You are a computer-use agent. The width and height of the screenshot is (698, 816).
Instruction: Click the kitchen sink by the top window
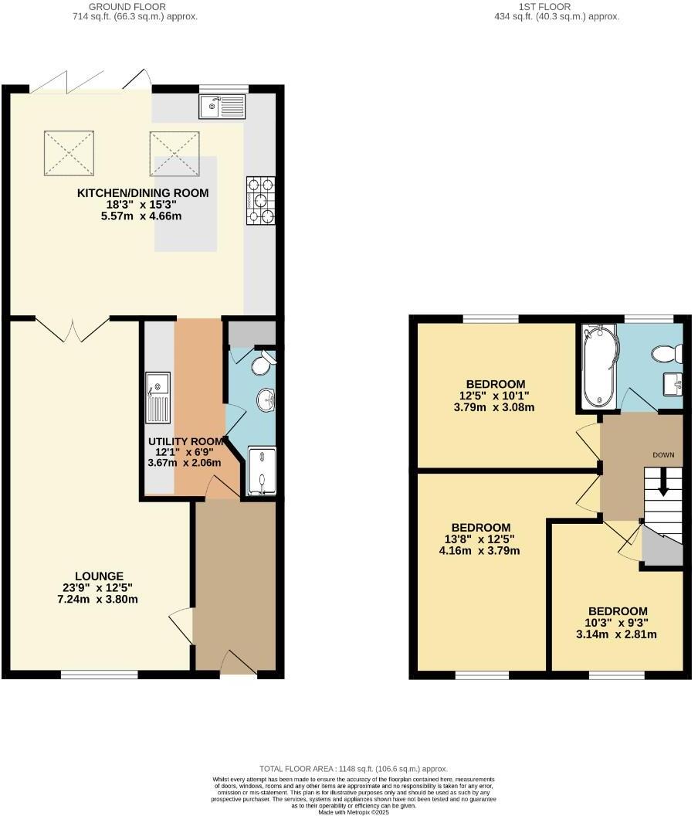[x=222, y=106]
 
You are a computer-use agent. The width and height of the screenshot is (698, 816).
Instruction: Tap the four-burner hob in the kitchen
[x=261, y=201]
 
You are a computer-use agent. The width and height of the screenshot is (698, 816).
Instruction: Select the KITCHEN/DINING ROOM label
[x=143, y=192]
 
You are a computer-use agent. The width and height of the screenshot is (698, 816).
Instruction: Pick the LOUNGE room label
[x=100, y=576]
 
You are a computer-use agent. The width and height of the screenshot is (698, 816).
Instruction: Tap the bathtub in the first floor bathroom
[x=599, y=366]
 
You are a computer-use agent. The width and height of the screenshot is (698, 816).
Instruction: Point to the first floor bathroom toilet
[x=666, y=354]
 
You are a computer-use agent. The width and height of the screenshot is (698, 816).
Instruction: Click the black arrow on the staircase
[x=662, y=484]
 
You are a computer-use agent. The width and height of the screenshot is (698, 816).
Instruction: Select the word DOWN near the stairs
[x=663, y=454]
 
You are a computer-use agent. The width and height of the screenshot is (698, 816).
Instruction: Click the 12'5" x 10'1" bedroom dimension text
[x=496, y=396]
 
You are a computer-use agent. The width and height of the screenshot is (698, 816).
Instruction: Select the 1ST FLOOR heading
[x=545, y=6]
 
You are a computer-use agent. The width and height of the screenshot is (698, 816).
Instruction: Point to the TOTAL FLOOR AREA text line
[x=354, y=769]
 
